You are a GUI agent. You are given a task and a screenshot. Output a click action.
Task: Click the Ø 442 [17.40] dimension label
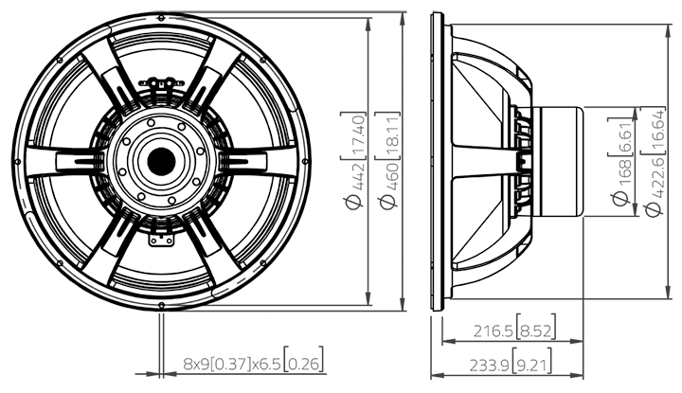point(353,161)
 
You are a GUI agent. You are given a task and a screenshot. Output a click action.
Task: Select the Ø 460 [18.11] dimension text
point(387,161)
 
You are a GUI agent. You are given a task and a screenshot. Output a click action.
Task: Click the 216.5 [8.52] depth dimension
point(514,330)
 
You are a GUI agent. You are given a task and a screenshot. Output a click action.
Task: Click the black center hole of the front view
point(161,162)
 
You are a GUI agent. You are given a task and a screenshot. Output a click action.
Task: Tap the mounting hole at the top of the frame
point(161,18)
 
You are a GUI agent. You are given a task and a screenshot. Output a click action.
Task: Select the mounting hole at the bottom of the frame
point(161,305)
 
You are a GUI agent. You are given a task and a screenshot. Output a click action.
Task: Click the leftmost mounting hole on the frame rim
point(18,162)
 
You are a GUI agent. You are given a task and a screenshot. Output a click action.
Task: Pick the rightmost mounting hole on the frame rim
point(305,162)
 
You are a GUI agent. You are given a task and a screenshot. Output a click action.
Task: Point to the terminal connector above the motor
point(161,82)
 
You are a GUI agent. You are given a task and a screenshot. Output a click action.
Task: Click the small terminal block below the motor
point(161,240)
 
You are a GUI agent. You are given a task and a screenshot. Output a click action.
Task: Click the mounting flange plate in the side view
point(437,161)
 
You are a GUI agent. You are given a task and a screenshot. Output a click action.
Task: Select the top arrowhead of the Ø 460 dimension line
point(403,19)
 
